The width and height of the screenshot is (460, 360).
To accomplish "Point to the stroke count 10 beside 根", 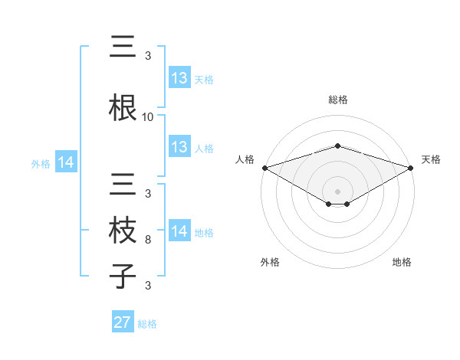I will [148, 117].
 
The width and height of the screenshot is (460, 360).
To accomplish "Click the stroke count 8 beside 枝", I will [148, 240].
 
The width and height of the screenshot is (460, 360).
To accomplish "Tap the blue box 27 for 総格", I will [123, 322].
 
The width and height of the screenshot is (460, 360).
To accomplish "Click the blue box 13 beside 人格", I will [179, 147].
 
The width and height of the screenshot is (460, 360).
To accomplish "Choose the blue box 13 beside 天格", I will [179, 78].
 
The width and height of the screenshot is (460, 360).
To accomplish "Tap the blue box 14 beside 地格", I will [179, 231].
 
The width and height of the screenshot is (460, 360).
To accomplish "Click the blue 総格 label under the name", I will [147, 323].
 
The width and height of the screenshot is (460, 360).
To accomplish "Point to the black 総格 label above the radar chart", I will [337, 100].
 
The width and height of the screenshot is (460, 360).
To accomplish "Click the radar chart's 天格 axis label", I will [432, 159].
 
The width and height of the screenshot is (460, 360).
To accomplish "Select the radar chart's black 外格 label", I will [270, 262].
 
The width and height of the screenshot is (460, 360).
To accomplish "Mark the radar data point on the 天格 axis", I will [412, 168].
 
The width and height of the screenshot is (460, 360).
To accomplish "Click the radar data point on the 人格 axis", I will [264, 168].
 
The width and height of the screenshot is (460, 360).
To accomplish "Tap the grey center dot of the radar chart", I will [337, 190].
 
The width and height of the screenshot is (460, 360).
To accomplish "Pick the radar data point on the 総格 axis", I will [337, 146].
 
